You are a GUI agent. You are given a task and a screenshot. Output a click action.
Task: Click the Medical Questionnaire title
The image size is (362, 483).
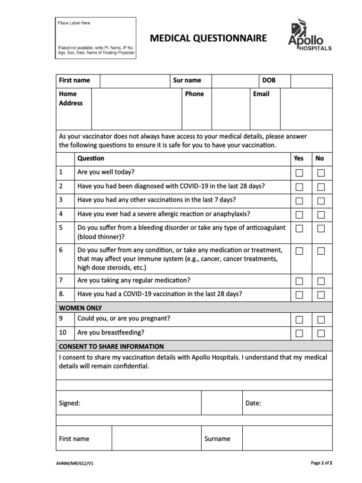pyautogui.click(x=208, y=38)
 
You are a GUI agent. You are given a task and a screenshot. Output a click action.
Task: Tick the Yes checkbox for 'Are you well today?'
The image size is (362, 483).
pyautogui.click(x=299, y=173)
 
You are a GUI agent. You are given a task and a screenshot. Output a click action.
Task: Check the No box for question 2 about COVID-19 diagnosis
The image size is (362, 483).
pyautogui.click(x=321, y=187)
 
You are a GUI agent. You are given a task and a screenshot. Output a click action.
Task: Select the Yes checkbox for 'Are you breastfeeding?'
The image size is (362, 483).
pyautogui.click(x=299, y=333)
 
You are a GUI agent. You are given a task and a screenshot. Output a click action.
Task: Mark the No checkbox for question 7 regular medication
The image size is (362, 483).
pyautogui.click(x=321, y=282)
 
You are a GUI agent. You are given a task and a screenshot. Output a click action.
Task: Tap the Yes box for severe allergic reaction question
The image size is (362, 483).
pyautogui.click(x=299, y=216)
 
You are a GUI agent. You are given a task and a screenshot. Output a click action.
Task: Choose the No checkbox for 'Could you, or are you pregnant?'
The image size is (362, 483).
pyautogui.click(x=321, y=320)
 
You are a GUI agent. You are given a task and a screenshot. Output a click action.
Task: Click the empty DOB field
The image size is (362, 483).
pyautogui.click(x=311, y=81)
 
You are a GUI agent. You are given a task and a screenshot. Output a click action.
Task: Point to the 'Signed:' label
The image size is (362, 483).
pyautogui.click(x=69, y=403)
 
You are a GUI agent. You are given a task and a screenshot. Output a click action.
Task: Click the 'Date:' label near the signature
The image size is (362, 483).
pyautogui.click(x=253, y=403)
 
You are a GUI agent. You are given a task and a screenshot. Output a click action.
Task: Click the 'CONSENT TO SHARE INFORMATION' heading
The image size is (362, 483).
pyautogui.click(x=111, y=346)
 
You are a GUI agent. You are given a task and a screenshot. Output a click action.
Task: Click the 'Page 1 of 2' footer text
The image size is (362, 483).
pyautogui.click(x=321, y=463)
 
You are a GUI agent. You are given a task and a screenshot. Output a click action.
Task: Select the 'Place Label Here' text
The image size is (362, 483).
pyautogui.click(x=74, y=23)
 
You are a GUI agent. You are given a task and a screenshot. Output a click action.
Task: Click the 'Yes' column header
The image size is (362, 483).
pyautogui.click(x=299, y=158)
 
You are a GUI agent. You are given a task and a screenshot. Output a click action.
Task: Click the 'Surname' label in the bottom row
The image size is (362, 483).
pyautogui.click(x=217, y=439)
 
